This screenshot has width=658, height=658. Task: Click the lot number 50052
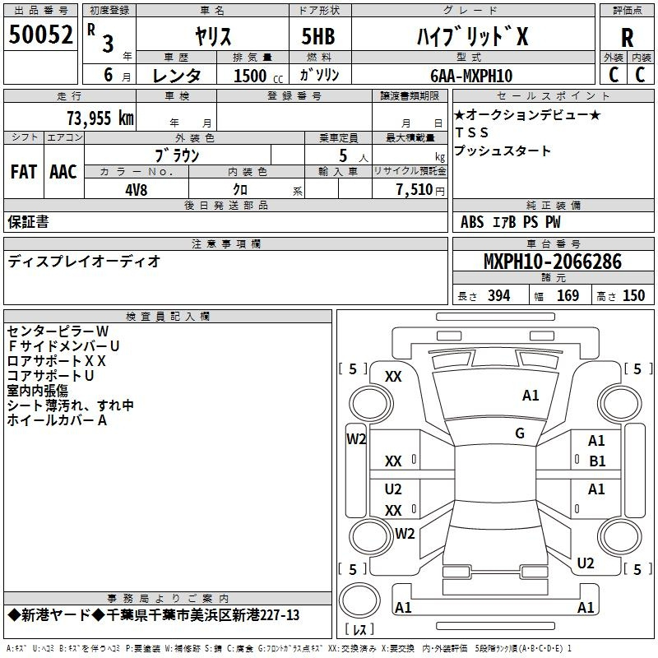coord(40,35)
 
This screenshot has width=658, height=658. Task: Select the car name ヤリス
coord(213,36)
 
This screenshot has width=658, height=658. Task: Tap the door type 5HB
coord(318,36)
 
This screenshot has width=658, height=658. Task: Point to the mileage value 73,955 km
coord(100,118)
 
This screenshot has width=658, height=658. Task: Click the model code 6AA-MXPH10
coord(471,76)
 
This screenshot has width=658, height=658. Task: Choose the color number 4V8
coord(137,190)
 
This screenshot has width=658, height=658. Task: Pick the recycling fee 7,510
coord(415,189)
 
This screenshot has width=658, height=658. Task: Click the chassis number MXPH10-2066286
coord(553,262)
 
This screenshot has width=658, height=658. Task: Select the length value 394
coord(499,295)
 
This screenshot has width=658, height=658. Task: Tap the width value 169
coord(568,295)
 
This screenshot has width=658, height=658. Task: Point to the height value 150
coord(633,295)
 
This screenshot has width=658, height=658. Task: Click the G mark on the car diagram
coord(520,433)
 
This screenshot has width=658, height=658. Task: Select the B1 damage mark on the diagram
coord(597,461)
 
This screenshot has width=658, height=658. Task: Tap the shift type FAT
coord(24,172)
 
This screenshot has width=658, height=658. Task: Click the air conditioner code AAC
coord(63,172)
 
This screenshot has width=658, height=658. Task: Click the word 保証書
coord(28,222)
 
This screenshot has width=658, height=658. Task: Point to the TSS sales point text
coord(472,132)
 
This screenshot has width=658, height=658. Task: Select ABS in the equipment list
coord(472,222)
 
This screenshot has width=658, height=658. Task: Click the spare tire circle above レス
coord(359,600)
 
